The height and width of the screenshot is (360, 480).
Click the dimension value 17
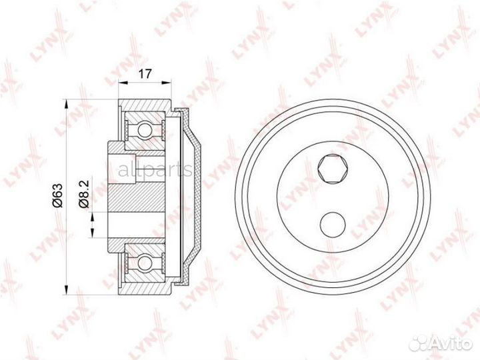(x=145, y=74)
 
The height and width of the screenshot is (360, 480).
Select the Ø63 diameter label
(x=57, y=195)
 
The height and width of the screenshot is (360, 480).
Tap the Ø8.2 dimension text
(x=83, y=194)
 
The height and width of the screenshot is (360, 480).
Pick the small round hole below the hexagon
(x=333, y=225)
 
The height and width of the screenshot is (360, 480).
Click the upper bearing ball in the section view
(x=145, y=129)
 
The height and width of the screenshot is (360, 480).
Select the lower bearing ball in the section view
(x=145, y=263)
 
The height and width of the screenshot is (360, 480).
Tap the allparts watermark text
(x=155, y=169)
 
